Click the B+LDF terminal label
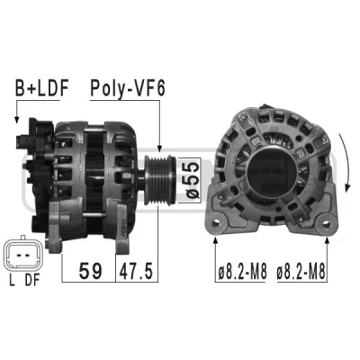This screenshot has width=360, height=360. [42, 88]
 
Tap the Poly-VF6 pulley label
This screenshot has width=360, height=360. [128, 89]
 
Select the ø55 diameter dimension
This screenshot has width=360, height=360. [192, 180]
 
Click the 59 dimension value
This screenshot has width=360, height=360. [90, 271]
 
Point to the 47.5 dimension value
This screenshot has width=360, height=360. [136, 271]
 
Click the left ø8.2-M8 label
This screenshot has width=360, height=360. [242, 273]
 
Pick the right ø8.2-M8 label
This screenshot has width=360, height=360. [301, 273]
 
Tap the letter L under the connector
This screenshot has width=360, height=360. [12, 280]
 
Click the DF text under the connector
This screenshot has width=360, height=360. [32, 280]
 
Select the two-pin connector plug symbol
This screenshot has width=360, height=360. [23, 254]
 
